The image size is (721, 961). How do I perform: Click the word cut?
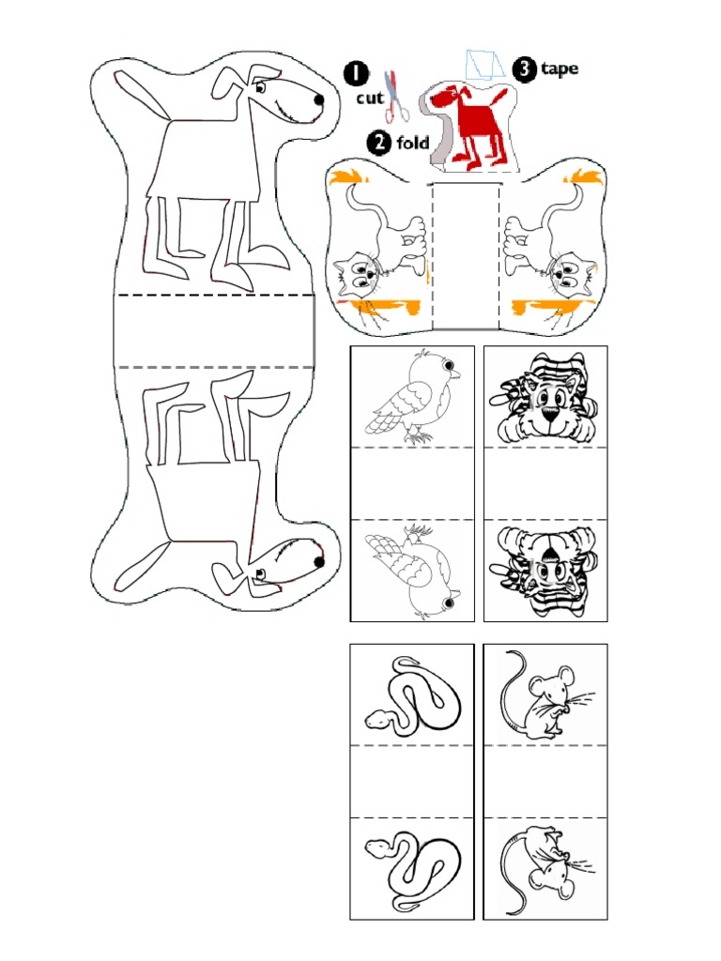point(369,98)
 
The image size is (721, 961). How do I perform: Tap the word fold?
point(413,143)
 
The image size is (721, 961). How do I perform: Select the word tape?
point(560,69)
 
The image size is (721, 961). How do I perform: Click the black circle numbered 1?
point(356,73)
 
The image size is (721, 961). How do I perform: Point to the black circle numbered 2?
point(379,143)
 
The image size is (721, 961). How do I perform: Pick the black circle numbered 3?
point(524,69)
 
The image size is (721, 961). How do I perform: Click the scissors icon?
point(396,96)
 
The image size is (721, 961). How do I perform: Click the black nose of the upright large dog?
point(319,99)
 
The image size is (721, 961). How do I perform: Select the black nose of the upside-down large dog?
point(319,562)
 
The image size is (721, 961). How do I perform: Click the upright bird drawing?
point(412,396)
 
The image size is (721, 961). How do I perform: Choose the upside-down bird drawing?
point(412,571)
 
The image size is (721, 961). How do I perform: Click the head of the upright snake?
point(377,719)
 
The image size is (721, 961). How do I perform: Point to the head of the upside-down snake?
point(377,848)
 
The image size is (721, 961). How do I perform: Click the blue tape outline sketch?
point(484,65)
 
